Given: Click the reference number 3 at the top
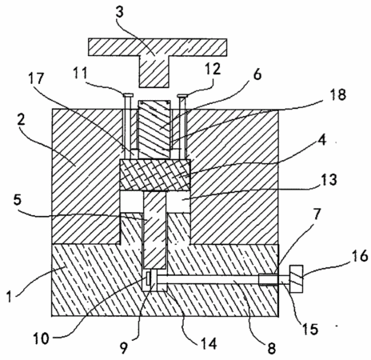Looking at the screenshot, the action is click(120, 13).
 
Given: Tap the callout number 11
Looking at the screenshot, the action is click(80, 73).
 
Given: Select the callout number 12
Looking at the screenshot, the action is click(213, 69).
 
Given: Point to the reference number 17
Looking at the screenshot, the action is click(37, 78).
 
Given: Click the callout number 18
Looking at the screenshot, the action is click(338, 94).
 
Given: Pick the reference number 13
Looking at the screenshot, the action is click(329, 179).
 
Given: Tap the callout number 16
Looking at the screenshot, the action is click(361, 256).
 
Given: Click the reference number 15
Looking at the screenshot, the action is click(310, 330).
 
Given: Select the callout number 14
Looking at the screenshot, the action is click(209, 344).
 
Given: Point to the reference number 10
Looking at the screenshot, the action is click(42, 338).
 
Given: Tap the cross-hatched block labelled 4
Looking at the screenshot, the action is click(155, 175).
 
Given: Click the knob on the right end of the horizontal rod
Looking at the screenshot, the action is click(296, 279).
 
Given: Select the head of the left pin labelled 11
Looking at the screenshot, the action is click(128, 94).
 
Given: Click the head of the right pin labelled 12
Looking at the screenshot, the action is click(182, 95).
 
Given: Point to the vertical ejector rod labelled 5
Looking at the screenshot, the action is click(155, 230).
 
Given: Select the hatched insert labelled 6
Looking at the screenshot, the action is click(154, 130).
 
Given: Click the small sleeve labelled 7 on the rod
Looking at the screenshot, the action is click(268, 280).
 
